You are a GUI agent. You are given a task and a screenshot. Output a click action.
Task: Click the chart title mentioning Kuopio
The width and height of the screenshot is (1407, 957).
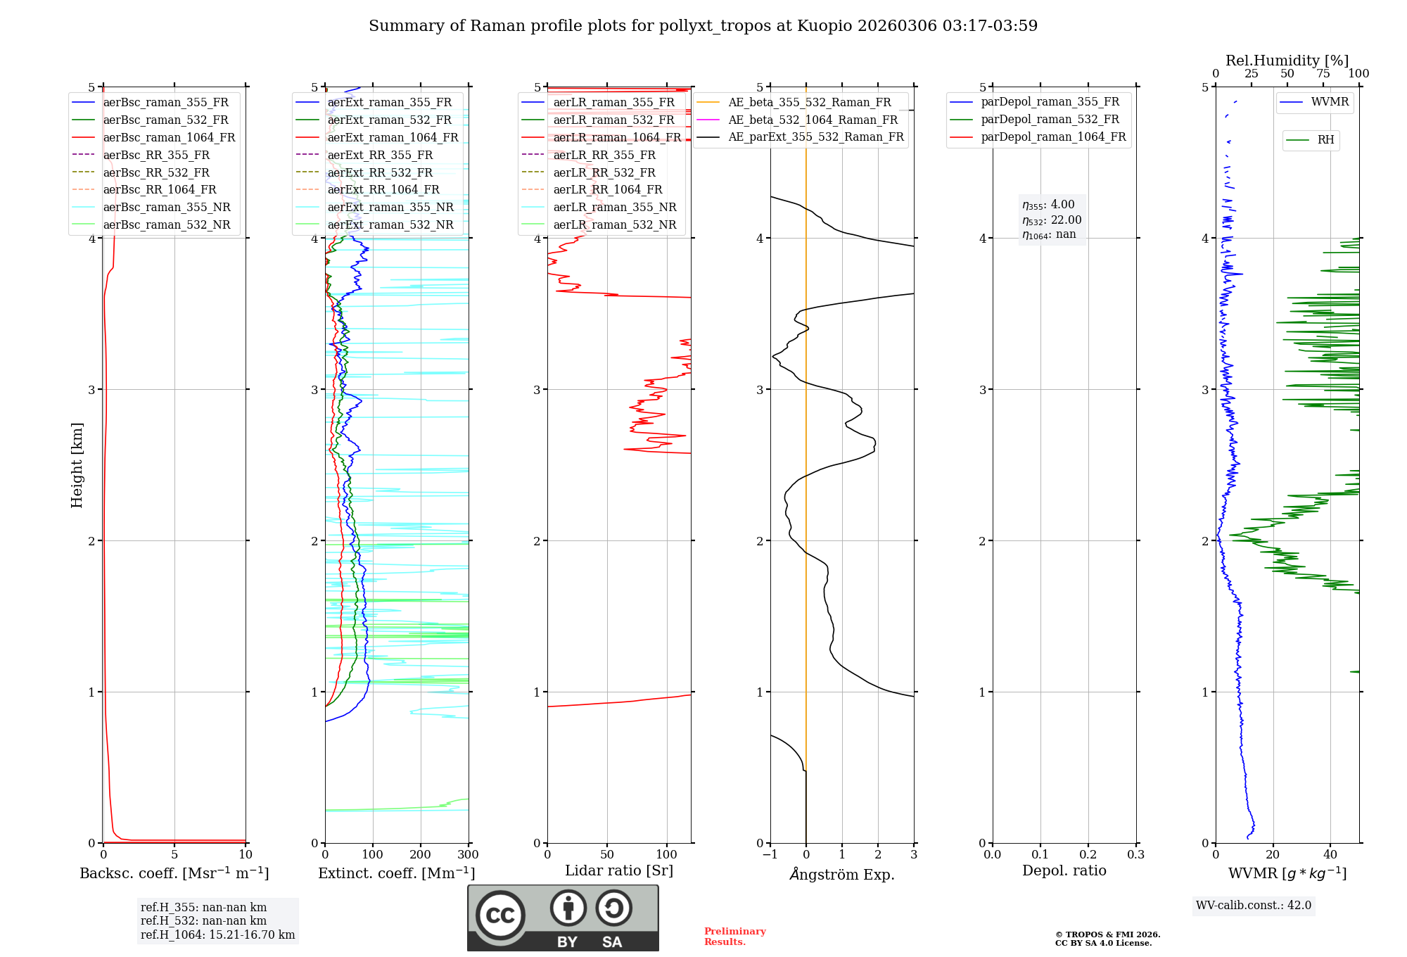tap(703, 26)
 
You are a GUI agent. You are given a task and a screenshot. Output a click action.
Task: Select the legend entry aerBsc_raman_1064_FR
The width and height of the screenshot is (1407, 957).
tap(169, 137)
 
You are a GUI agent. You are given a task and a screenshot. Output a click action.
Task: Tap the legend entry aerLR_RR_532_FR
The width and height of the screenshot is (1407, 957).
tap(604, 172)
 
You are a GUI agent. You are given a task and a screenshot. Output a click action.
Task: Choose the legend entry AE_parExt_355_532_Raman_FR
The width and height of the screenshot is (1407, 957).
tap(816, 137)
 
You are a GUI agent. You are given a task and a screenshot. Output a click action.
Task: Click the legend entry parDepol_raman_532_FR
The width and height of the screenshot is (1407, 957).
tap(1050, 120)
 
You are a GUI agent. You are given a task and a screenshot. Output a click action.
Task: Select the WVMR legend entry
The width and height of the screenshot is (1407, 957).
tap(1330, 102)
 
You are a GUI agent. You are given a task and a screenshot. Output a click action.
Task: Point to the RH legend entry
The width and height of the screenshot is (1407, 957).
tap(1325, 140)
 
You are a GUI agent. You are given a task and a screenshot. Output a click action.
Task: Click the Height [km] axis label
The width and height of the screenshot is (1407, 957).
tap(77, 465)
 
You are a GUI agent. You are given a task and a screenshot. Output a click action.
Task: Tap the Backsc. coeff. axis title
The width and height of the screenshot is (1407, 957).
tap(174, 873)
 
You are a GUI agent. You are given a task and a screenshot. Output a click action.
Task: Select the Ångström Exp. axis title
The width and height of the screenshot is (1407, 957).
tap(842, 874)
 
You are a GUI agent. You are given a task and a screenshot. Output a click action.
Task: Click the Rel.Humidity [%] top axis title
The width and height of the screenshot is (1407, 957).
tap(1287, 61)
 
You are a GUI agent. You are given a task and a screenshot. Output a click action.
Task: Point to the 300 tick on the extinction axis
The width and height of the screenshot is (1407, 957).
tap(469, 855)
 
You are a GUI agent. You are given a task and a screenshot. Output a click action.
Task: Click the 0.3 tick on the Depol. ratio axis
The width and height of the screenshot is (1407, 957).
tap(1136, 855)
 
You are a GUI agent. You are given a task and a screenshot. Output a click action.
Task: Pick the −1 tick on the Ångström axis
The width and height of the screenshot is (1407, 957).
tap(770, 855)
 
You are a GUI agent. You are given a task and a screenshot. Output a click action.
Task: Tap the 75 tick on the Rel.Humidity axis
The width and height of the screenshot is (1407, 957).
tap(1323, 74)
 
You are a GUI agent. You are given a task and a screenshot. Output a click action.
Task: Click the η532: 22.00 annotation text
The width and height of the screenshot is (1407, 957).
tap(1052, 220)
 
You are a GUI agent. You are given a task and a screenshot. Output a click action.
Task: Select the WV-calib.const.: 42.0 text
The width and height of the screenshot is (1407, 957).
tap(1254, 905)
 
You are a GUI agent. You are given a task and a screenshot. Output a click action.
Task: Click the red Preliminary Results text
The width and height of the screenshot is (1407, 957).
tap(734, 937)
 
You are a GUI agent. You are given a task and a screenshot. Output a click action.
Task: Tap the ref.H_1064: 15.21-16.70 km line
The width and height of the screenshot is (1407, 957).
tap(217, 934)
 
